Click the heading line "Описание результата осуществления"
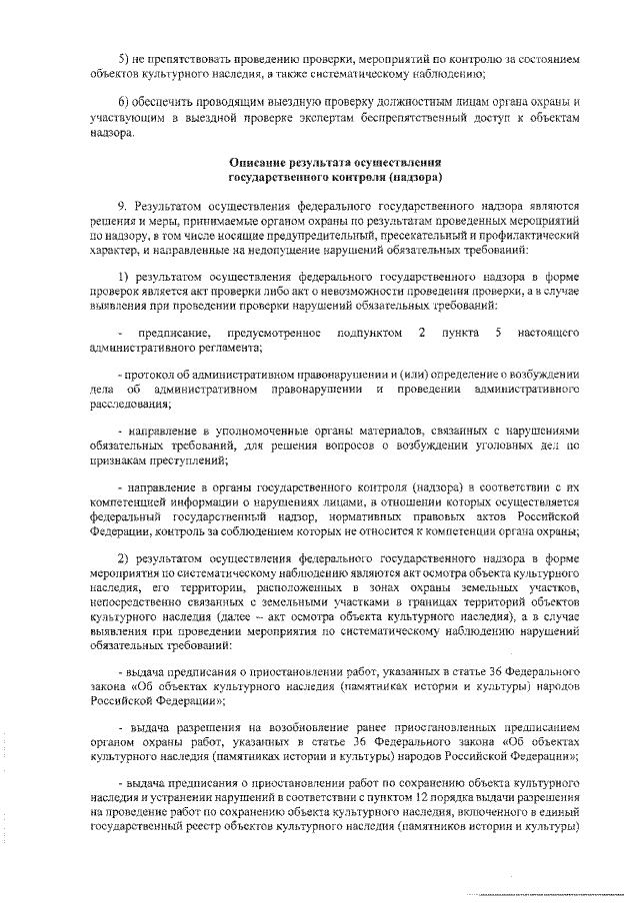point(335,162)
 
